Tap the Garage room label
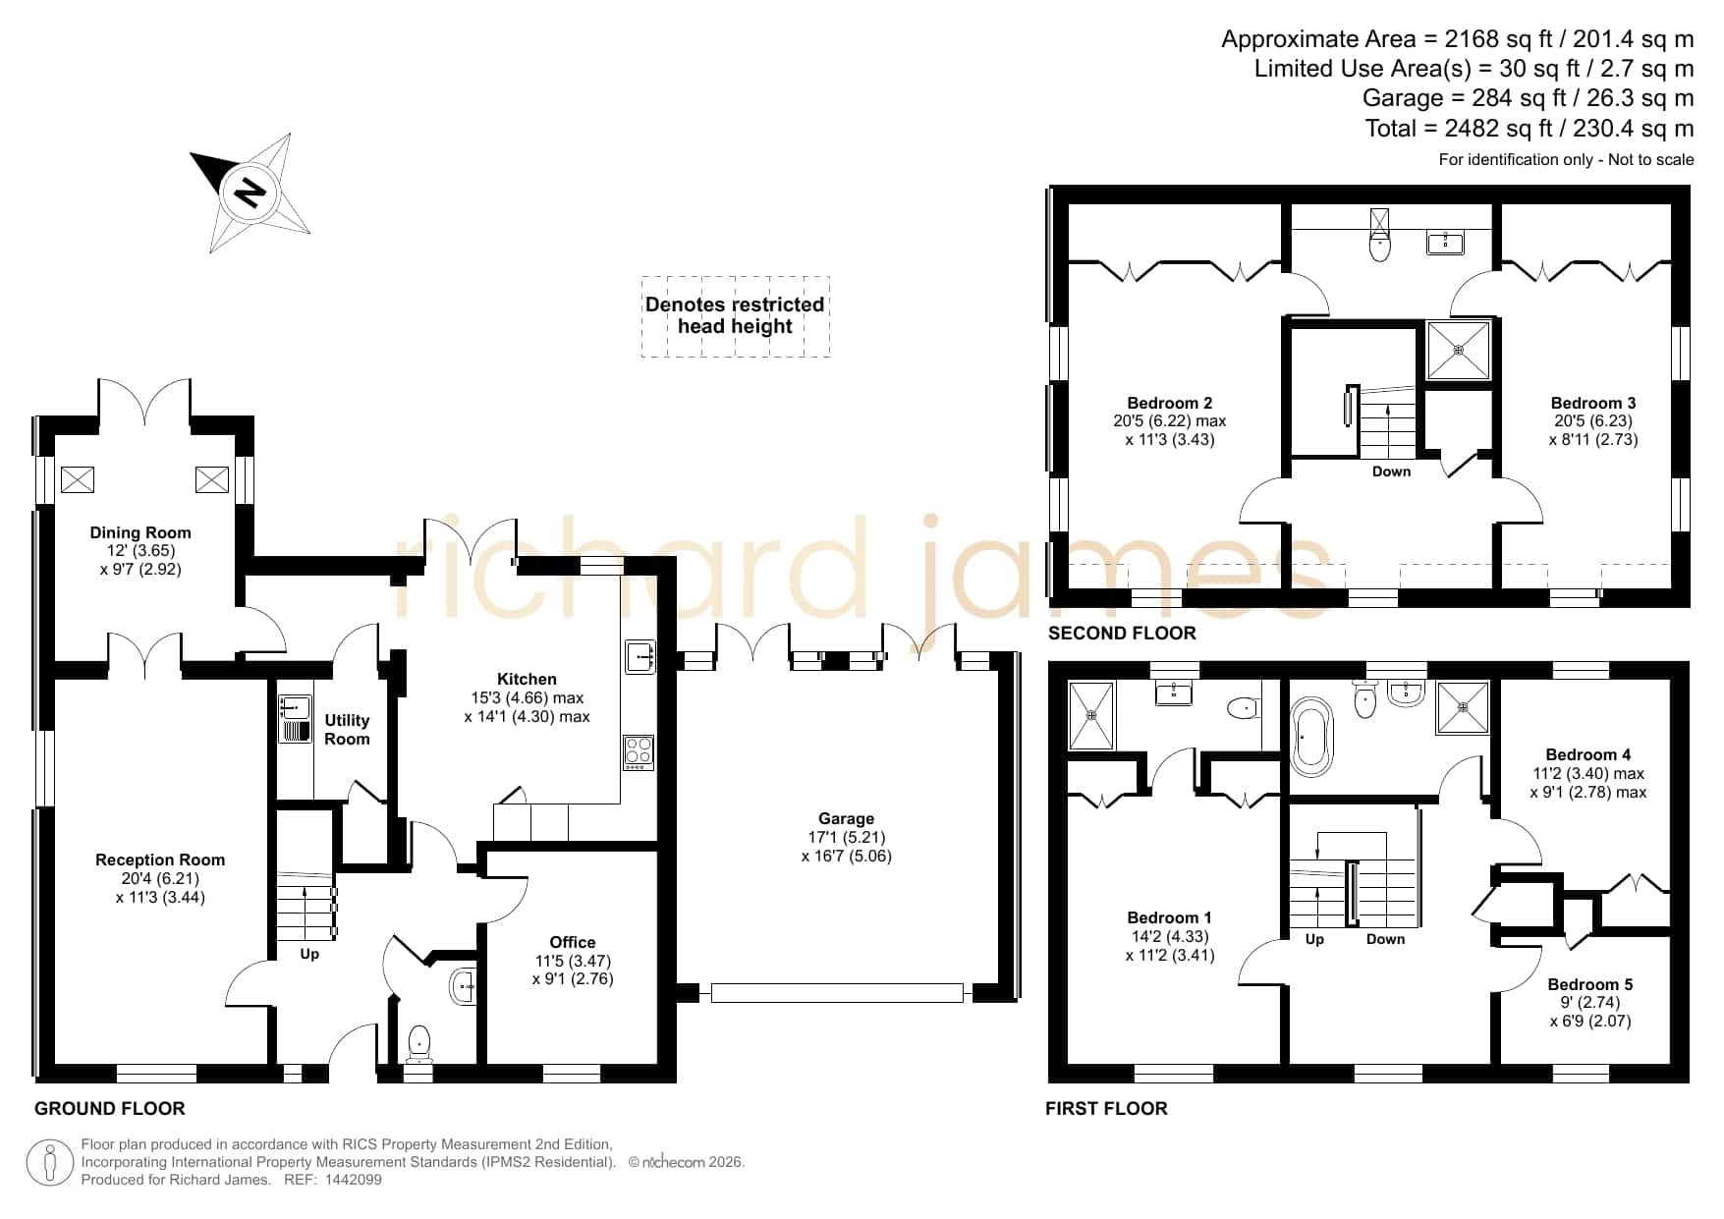(846, 818)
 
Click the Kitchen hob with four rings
(639, 752)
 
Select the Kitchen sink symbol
(640, 657)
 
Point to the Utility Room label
(347, 730)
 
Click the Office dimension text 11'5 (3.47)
(573, 961)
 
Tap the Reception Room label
(160, 859)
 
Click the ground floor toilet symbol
(419, 1043)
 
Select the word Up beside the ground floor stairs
(309, 954)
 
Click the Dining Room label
(140, 532)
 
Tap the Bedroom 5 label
(1590, 984)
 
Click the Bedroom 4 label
(1588, 754)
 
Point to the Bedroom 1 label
(1169, 917)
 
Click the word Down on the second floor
(1391, 471)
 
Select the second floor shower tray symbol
(1459, 350)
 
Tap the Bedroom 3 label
(1593, 403)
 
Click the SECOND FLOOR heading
(1122, 633)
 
